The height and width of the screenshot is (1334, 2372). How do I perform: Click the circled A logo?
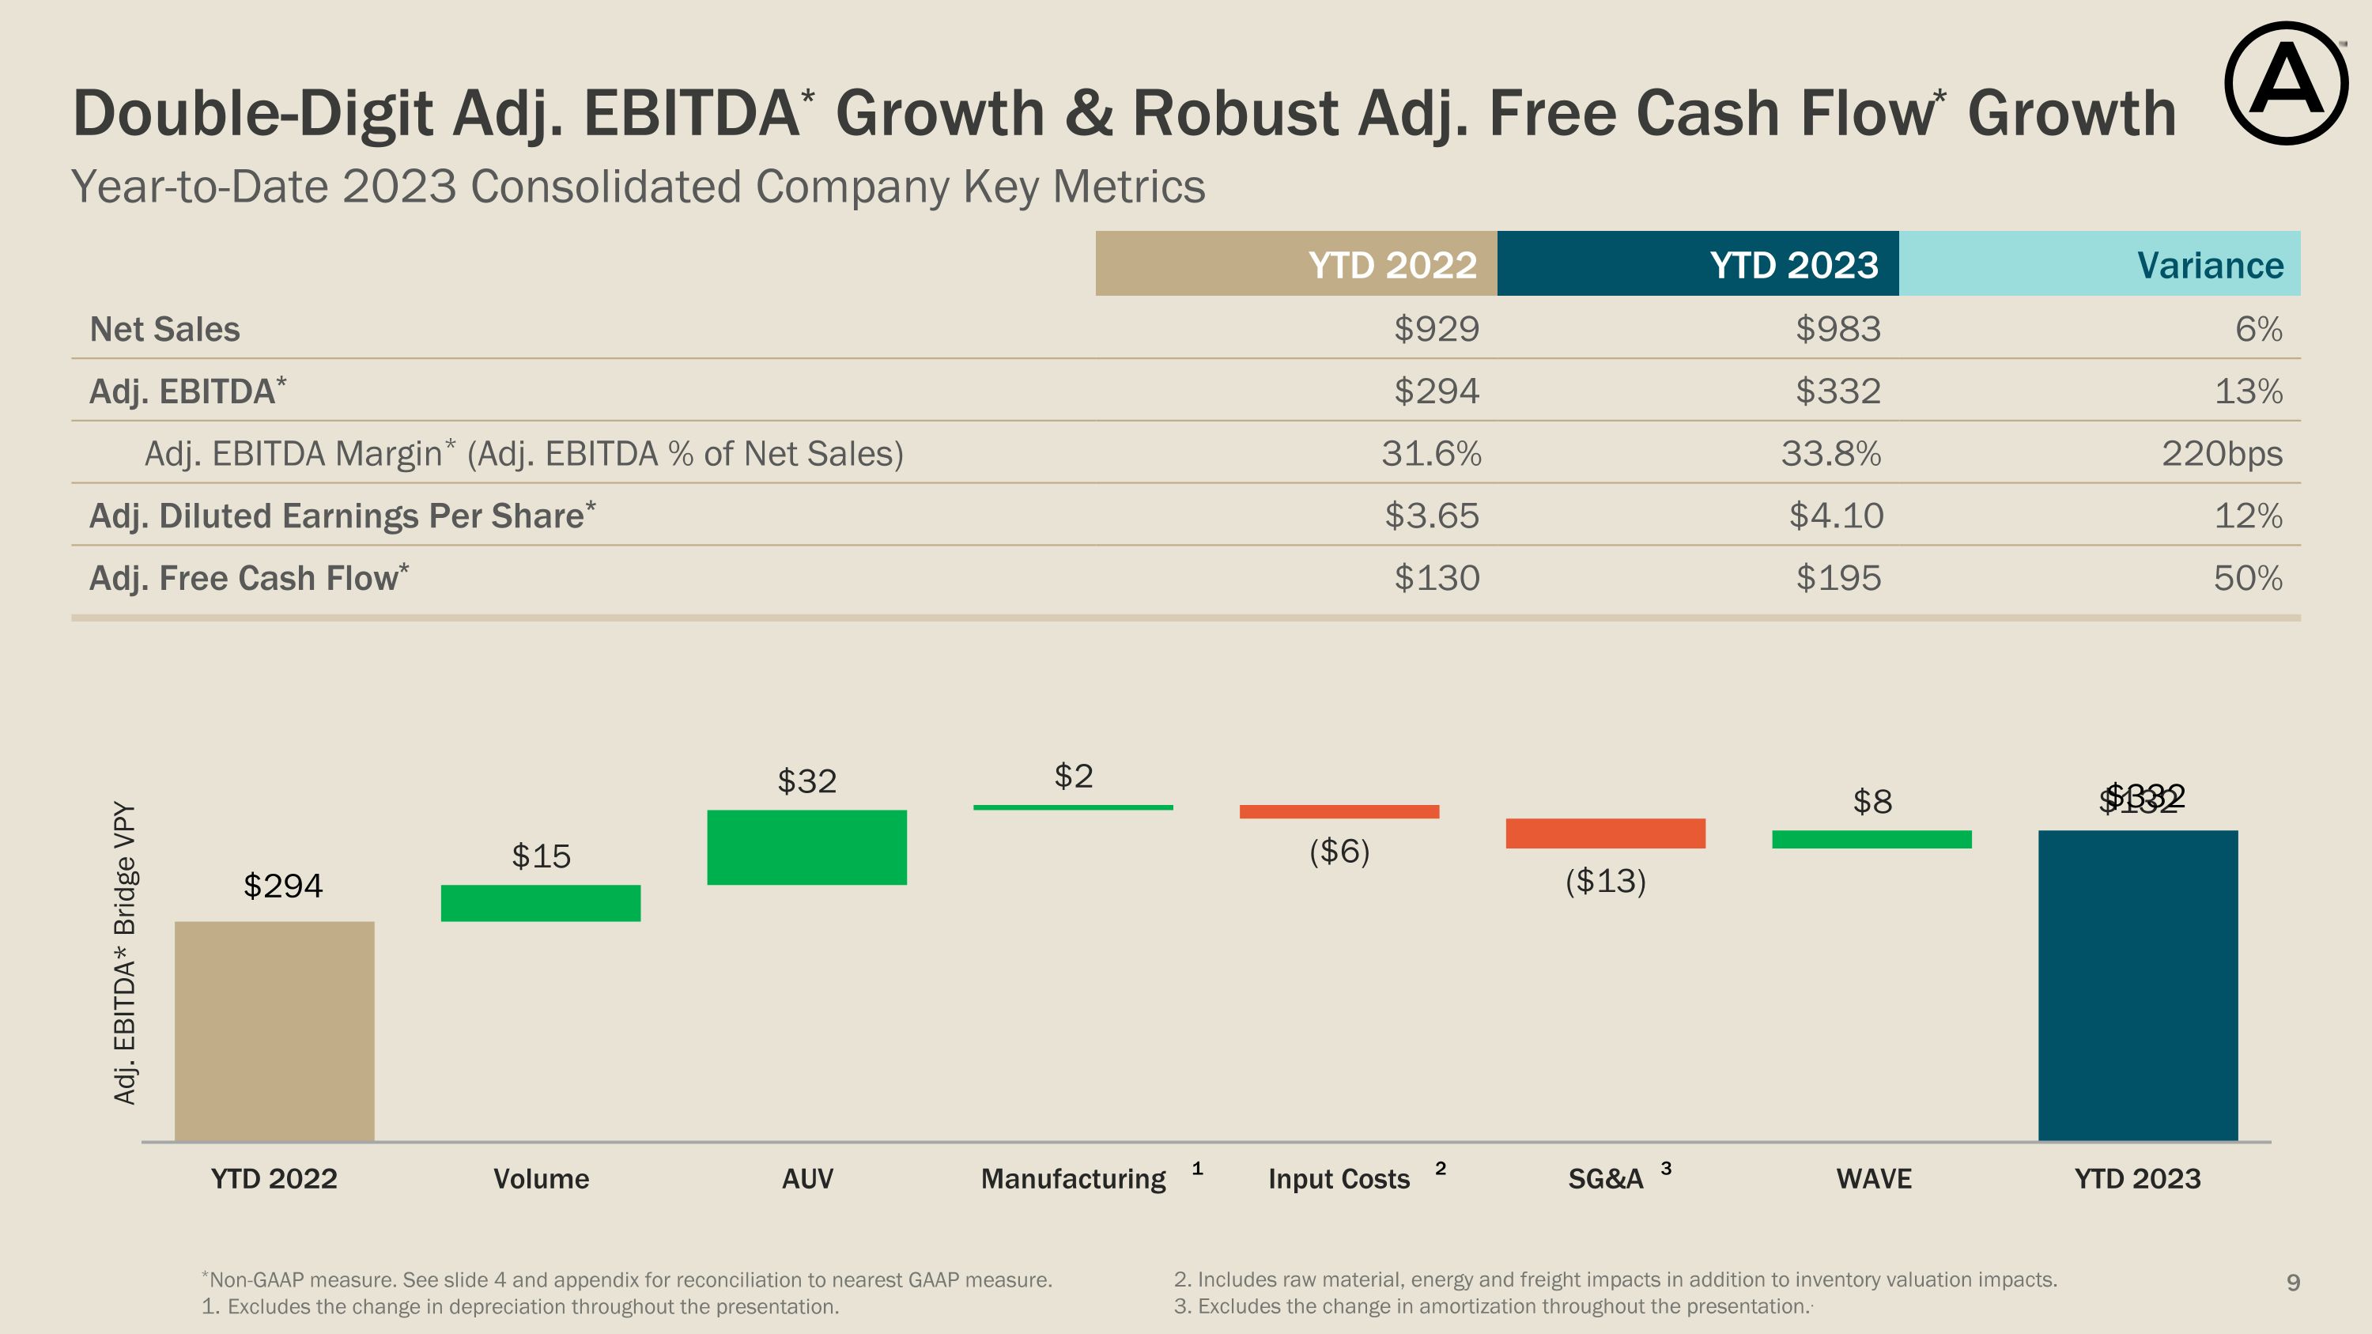(2286, 84)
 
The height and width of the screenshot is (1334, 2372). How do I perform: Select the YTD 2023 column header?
(1792, 265)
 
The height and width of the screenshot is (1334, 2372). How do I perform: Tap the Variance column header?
(2209, 265)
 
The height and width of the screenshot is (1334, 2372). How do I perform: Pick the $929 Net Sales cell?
(1436, 329)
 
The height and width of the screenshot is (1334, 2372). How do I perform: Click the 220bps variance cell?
(2221, 454)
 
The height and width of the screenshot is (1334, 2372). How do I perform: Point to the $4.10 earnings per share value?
(1835, 516)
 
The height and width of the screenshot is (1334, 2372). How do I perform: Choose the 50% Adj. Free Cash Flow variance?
(2247, 578)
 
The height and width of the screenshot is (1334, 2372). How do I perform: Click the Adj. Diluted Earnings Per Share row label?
(342, 516)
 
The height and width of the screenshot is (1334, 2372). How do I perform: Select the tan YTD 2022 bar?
(274, 1030)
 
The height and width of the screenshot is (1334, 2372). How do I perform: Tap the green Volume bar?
(541, 902)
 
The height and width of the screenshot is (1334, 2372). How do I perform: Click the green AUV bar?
(806, 847)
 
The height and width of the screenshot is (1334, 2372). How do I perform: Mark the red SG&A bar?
(1605, 833)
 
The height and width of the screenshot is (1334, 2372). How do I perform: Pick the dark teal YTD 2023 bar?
(2137, 985)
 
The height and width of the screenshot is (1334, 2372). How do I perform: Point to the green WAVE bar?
(1871, 839)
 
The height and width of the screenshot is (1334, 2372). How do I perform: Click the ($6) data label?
(1339, 851)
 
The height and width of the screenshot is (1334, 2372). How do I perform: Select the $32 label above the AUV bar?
(806, 780)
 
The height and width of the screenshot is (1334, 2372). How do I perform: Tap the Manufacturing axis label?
(1073, 1178)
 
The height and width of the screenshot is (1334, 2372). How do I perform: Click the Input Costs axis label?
(1338, 1178)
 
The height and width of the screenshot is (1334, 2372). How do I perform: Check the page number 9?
(2293, 1282)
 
